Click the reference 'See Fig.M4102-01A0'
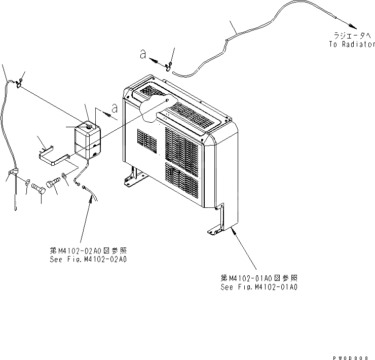pyautogui.click(x=259, y=287)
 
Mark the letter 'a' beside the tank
pyautogui.click(x=116, y=108)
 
